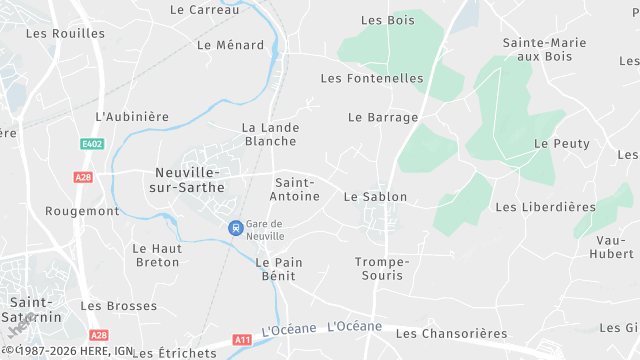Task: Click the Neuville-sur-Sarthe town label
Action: (x=187, y=180)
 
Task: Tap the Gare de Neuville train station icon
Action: (x=235, y=228)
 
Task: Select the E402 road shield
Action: (x=93, y=144)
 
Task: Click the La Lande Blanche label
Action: (x=270, y=135)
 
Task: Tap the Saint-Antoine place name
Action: (x=296, y=190)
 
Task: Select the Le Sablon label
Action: (x=373, y=197)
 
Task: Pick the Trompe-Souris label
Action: (x=382, y=268)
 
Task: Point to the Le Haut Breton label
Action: (x=156, y=255)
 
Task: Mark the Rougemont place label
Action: (x=82, y=211)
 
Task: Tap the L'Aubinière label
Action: (x=132, y=117)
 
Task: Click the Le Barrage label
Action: (x=383, y=117)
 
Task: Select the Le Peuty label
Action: (x=562, y=144)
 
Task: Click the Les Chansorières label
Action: (x=451, y=333)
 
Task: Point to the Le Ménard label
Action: (x=231, y=45)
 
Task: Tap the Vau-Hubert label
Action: (x=615, y=247)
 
